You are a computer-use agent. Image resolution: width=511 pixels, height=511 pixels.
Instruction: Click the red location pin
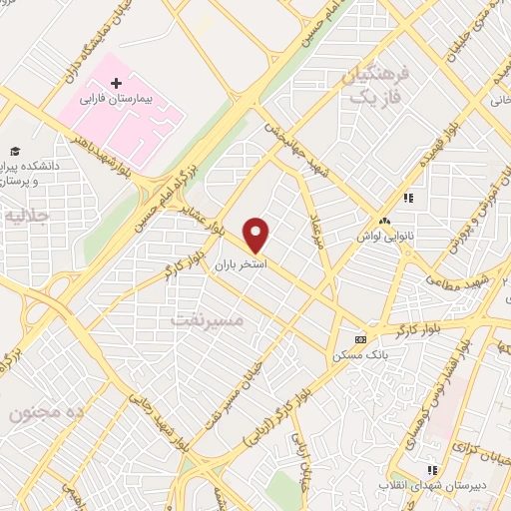point(257,235)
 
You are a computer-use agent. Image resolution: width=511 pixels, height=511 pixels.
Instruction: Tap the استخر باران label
point(239,265)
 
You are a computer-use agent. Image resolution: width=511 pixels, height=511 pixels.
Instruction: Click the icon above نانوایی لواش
point(385,222)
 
